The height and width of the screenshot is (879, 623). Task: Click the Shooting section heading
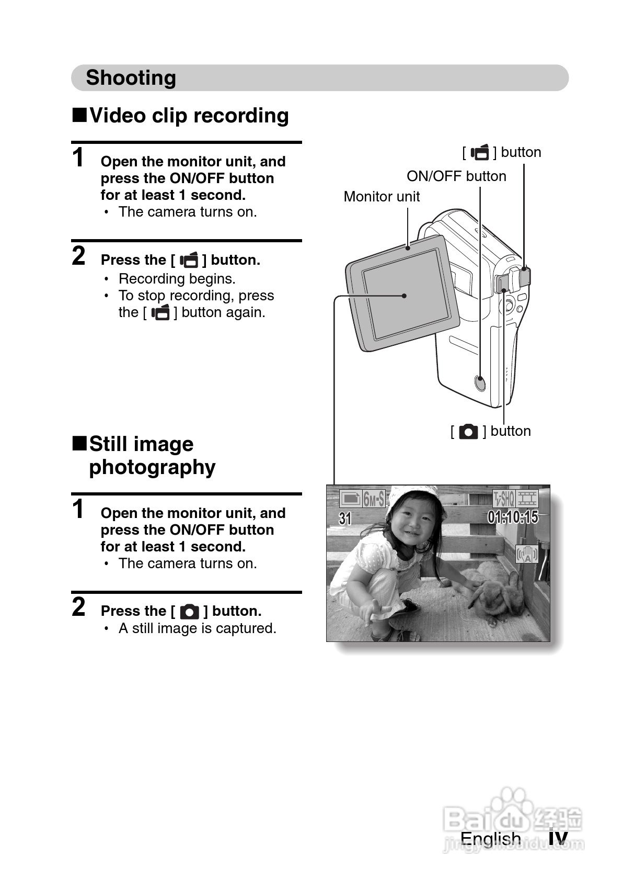(131, 77)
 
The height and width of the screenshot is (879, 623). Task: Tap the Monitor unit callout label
(382, 197)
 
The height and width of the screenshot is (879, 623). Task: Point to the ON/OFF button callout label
(456, 176)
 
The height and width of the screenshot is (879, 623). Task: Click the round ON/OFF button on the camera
(480, 382)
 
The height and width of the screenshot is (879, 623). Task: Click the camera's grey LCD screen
(406, 294)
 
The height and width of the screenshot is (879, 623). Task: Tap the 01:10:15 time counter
(513, 517)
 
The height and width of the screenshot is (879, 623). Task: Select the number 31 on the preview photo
(345, 519)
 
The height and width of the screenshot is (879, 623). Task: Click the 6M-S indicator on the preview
(374, 499)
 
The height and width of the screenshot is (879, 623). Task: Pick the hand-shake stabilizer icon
(527, 555)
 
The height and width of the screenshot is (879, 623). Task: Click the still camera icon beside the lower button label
(468, 432)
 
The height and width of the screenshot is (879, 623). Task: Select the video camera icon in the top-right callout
(480, 152)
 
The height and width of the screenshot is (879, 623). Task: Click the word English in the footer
(490, 839)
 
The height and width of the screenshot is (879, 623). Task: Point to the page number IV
(558, 839)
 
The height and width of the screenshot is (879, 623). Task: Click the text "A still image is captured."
(198, 628)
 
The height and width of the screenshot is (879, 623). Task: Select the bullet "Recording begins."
(177, 279)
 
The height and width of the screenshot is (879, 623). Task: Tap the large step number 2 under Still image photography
(79, 607)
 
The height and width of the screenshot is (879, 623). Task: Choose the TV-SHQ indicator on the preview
(504, 498)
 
